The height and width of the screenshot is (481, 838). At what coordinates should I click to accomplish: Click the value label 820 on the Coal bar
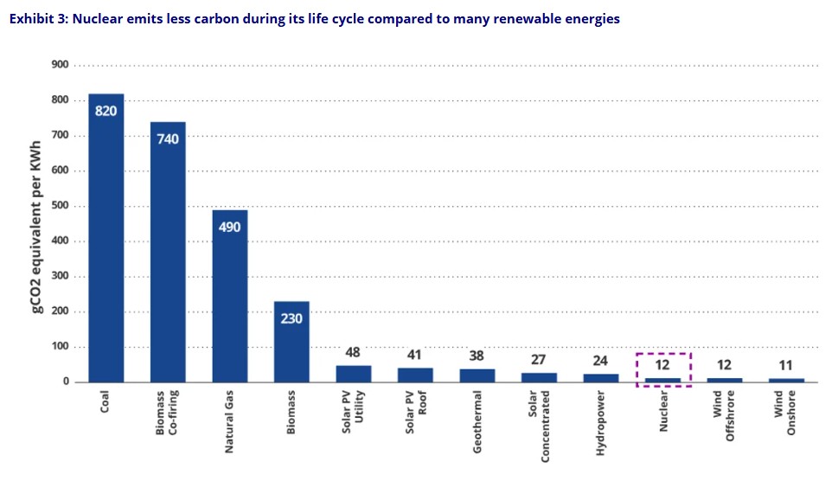click(x=106, y=111)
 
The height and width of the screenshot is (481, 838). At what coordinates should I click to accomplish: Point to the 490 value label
click(x=230, y=227)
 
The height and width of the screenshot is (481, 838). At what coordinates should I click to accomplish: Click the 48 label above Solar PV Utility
click(x=353, y=353)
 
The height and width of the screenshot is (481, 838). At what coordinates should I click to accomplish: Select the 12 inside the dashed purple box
click(x=662, y=364)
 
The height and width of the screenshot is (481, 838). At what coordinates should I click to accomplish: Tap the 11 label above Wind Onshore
click(x=786, y=365)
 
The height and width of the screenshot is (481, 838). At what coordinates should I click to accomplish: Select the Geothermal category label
click(x=477, y=421)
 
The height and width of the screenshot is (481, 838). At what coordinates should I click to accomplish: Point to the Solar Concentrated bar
click(x=539, y=377)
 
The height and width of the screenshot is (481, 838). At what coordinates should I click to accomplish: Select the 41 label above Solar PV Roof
click(x=415, y=354)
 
